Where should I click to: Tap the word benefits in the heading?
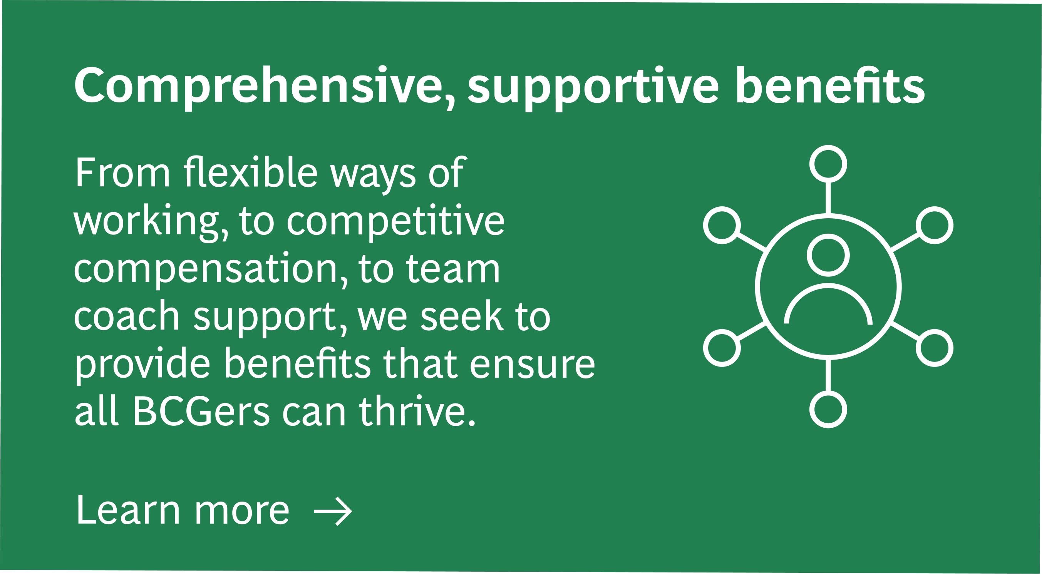tap(830, 85)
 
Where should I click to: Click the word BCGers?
tap(201, 411)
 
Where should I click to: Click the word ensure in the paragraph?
tap(532, 365)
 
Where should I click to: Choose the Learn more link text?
tap(183, 510)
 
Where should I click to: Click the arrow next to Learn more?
tap(333, 511)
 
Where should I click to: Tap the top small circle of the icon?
tap(828, 164)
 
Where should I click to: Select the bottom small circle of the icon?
tap(828, 409)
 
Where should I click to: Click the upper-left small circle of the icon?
tap(722, 225)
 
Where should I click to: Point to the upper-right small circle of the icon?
tap(935, 225)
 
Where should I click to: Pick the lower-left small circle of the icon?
tap(722, 348)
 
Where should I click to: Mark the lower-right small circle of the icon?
tap(935, 348)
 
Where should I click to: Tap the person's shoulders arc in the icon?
tap(828, 286)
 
